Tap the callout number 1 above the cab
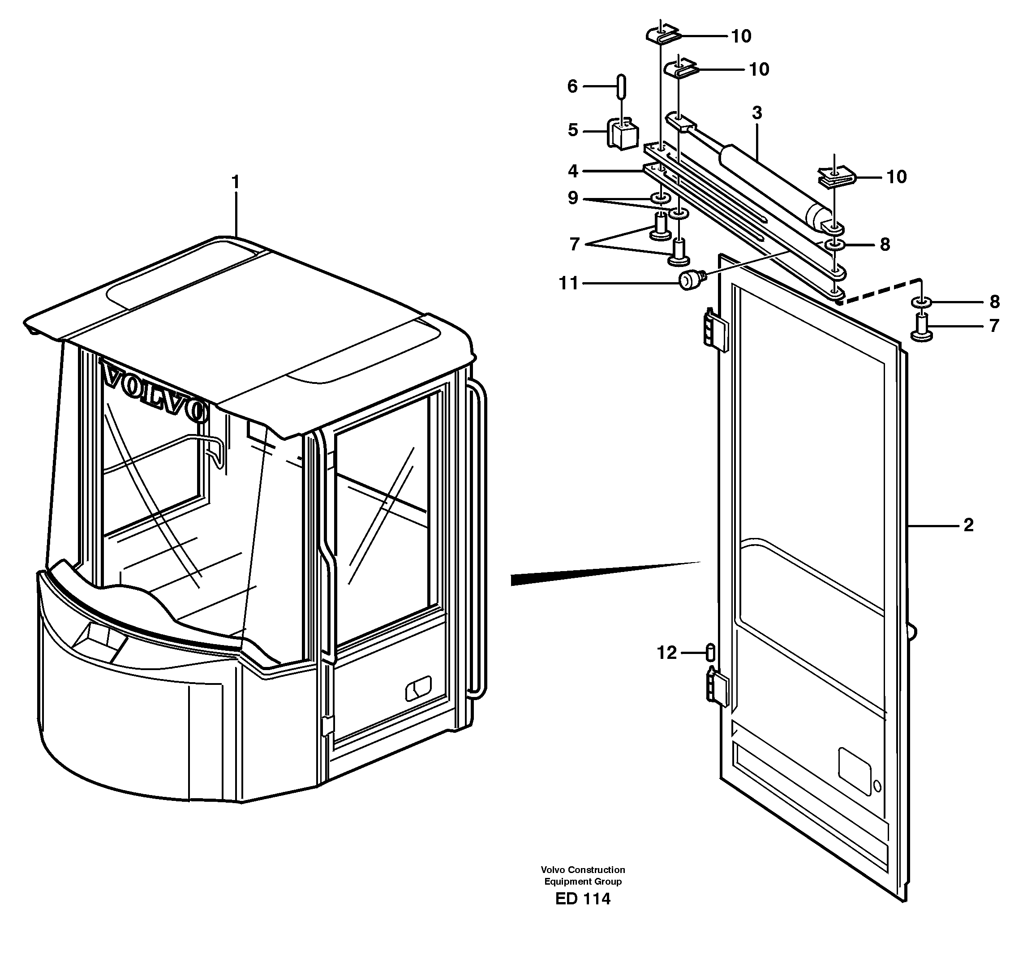[236, 182]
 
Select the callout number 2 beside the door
[968, 525]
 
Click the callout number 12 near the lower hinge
[666, 653]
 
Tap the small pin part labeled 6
[622, 85]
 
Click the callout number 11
[569, 283]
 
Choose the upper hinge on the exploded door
[715, 329]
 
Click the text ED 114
[582, 899]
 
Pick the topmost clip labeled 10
[662, 34]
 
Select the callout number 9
[572, 198]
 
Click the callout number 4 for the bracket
[572, 171]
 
